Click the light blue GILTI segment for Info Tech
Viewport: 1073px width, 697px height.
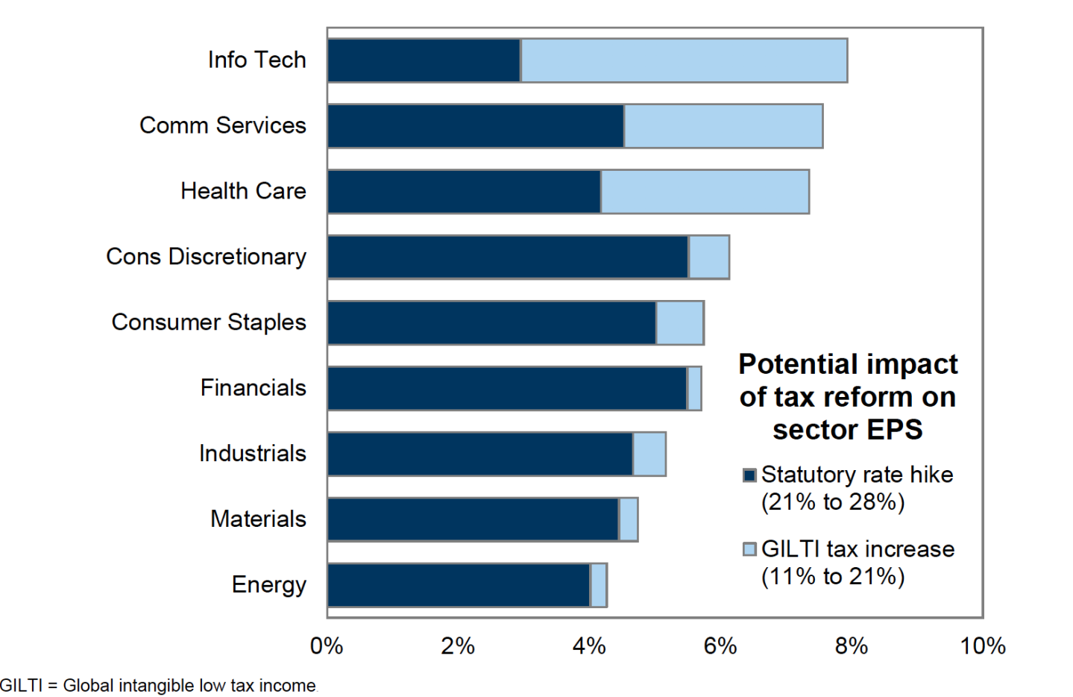click(684, 60)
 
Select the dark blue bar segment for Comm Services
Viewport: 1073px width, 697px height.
click(476, 126)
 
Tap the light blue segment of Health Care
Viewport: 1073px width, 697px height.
click(705, 192)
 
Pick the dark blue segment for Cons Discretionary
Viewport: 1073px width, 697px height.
click(508, 257)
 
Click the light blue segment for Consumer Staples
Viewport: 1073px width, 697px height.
click(679, 323)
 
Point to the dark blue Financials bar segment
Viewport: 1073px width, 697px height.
click(507, 389)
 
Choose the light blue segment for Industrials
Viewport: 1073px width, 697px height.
click(649, 454)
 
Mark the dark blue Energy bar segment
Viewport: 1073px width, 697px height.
click(459, 585)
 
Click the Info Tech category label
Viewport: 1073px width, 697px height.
click(257, 60)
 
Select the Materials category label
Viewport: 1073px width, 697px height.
click(258, 519)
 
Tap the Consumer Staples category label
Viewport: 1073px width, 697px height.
click(209, 322)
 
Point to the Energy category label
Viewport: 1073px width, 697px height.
click(268, 584)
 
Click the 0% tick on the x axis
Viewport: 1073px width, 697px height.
click(327, 646)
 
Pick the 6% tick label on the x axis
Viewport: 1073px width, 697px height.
click(720, 646)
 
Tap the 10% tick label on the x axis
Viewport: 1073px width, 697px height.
click(982, 646)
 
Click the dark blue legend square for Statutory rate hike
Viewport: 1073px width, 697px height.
click(749, 475)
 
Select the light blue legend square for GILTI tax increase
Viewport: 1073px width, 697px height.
click(749, 549)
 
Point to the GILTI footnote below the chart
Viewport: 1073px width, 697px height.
click(158, 685)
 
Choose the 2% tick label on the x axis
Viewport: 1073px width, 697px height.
click(457, 646)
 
